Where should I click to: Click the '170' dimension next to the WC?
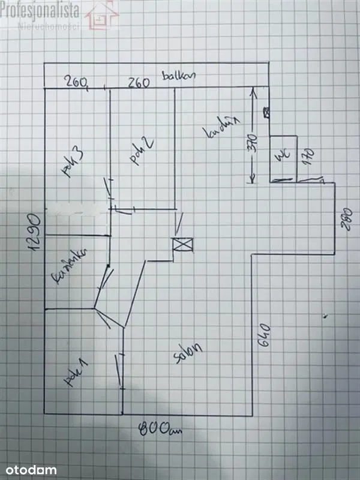coord(309,157)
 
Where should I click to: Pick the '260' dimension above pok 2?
coord(139,83)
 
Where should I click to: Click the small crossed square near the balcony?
coord(266,111)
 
